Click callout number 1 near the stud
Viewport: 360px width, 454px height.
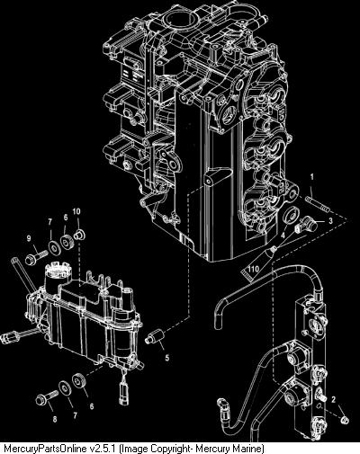click(x=312, y=177)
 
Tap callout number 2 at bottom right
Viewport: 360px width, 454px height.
click(x=333, y=399)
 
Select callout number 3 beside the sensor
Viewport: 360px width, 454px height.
click(x=330, y=221)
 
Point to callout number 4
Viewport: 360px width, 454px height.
click(x=283, y=236)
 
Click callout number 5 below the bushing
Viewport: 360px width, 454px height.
click(x=167, y=357)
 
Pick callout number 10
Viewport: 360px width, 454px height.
click(x=76, y=211)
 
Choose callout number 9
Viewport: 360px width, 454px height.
click(x=29, y=238)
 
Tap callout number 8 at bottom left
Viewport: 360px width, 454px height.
click(x=55, y=419)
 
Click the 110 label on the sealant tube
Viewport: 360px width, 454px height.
click(x=253, y=269)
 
